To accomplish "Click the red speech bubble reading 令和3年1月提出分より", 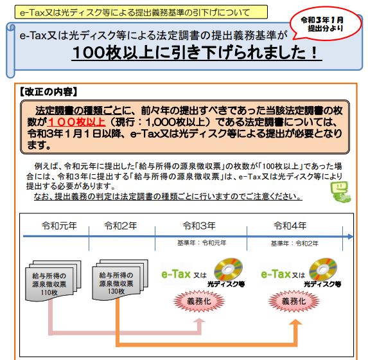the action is click(326, 24).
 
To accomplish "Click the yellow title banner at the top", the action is click(141, 12).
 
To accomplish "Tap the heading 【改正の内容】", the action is click(48, 92).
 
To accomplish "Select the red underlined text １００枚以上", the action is click(76, 122).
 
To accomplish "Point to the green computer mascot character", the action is click(340, 192).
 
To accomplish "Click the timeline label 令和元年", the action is click(59, 226).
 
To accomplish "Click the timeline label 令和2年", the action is click(120, 226).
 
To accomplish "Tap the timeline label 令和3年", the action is click(199, 226).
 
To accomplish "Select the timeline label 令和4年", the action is click(290, 226).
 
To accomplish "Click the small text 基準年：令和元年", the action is click(202, 243).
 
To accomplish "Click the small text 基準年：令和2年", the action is click(295, 244).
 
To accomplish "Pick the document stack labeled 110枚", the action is click(53, 280).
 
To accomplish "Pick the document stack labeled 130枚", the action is click(120, 280).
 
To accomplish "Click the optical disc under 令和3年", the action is click(228, 269).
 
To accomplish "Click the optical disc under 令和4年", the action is click(323, 269).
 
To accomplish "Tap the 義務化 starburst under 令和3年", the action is click(199, 301).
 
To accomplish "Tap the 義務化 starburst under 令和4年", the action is click(294, 301).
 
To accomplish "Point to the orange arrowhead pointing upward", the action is click(295, 323).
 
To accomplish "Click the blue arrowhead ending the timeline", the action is click(351, 237).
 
